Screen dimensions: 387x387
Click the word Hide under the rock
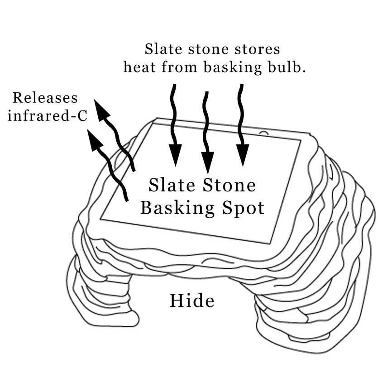pyautogui.click(x=191, y=301)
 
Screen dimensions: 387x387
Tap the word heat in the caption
pyautogui.click(x=140, y=67)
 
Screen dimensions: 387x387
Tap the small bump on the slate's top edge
pyautogui.click(x=263, y=133)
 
